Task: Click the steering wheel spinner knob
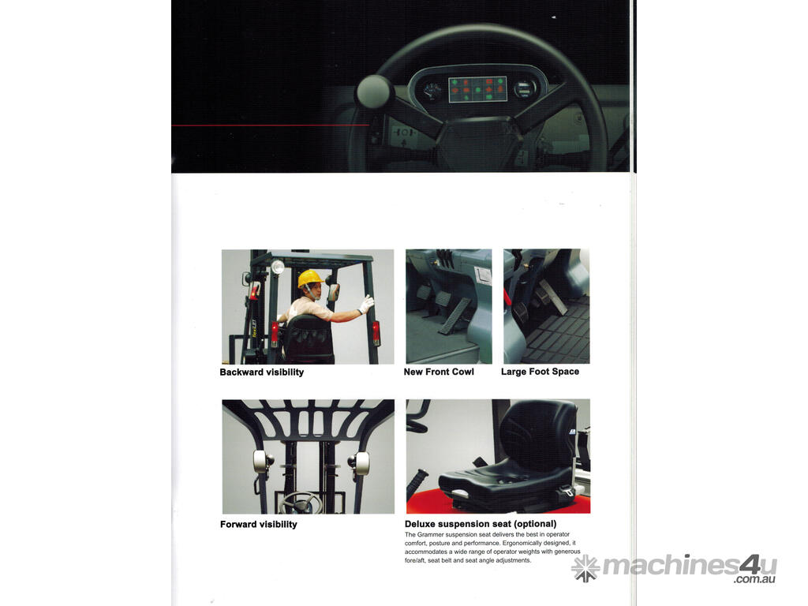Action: [375, 92]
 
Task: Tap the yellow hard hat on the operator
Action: [310, 279]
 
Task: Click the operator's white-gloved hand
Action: [366, 304]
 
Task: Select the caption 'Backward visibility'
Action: [262, 372]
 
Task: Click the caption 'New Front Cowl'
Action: [439, 372]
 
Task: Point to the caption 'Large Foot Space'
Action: [540, 372]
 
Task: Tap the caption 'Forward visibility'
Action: [259, 525]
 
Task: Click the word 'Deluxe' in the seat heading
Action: [420, 524]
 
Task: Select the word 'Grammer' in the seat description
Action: [431, 535]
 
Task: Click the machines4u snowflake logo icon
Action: [585, 568]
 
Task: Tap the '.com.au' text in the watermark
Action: [755, 579]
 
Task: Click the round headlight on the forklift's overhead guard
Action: [278, 267]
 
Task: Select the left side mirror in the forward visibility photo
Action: [261, 463]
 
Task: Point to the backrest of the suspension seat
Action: [537, 436]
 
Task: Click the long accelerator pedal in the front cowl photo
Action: [454, 316]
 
